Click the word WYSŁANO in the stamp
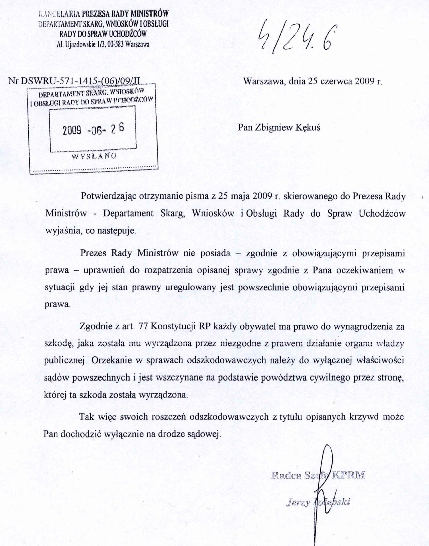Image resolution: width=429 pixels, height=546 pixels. point(94,156)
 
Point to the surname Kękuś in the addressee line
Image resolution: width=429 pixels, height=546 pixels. point(308,127)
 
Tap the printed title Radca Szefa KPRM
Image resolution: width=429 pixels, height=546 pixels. point(318,475)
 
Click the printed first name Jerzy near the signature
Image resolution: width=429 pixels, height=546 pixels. point(298,502)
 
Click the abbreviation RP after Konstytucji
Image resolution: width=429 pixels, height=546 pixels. point(204,326)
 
